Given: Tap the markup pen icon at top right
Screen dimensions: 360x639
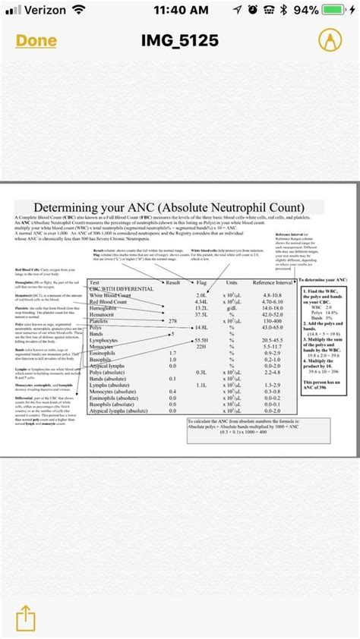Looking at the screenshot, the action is [328, 40].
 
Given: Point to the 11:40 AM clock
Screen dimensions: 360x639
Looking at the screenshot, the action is [180, 11].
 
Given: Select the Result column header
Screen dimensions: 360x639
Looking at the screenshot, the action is [172, 282].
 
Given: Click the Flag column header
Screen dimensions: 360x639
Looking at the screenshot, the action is [201, 282].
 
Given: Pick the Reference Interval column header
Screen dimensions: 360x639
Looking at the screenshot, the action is [272, 282].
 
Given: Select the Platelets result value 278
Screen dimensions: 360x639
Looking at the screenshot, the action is [172, 321].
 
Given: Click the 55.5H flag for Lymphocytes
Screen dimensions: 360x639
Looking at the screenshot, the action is [201, 340].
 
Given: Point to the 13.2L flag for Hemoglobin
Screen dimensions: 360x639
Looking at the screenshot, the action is [201, 308].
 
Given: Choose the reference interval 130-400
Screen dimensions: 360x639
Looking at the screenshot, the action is [272, 321].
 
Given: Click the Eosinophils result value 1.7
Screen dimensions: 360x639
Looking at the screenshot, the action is [172, 353].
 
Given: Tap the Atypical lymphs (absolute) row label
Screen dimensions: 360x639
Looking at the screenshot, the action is [118, 411].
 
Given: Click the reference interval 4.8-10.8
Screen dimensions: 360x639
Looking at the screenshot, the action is [272, 294].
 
